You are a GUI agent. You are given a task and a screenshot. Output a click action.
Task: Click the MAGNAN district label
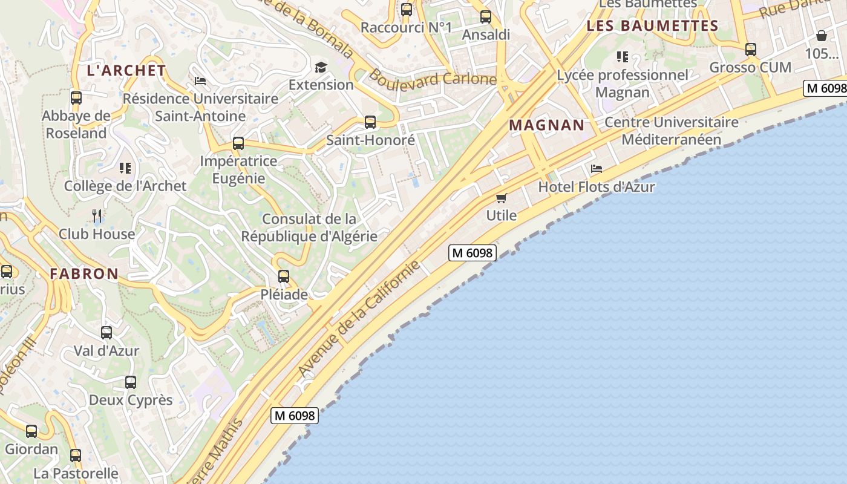[x=547, y=125]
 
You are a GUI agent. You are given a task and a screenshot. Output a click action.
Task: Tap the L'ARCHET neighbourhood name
[x=126, y=70]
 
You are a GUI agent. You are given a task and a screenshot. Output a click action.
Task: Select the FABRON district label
[x=84, y=273]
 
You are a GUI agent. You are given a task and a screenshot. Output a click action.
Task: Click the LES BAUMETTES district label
[x=652, y=26]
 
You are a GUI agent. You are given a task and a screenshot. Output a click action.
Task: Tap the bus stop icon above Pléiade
[x=283, y=276]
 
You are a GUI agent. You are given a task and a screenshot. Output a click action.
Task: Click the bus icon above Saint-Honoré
[x=370, y=122]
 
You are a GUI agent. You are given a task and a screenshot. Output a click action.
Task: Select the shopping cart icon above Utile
[x=501, y=198]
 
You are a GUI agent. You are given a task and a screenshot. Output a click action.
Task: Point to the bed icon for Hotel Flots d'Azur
[x=597, y=169]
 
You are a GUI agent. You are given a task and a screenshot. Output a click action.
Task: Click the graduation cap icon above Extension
[x=321, y=67]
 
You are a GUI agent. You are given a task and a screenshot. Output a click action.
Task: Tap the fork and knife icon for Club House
[x=97, y=215]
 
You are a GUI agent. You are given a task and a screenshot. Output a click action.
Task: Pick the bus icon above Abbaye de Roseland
[x=76, y=97]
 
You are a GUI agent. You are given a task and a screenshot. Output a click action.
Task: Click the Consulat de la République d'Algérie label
[x=309, y=227]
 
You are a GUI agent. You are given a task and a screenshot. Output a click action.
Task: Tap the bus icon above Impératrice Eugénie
[x=238, y=143]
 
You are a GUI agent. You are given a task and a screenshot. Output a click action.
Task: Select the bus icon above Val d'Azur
[x=106, y=332]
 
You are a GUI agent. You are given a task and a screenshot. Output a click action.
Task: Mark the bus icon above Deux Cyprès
[x=131, y=382]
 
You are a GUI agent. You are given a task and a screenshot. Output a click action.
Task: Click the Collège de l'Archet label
[x=125, y=186]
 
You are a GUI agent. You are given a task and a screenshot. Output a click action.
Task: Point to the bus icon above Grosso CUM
[x=750, y=50]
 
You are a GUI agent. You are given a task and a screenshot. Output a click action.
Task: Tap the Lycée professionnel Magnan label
[x=623, y=83]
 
